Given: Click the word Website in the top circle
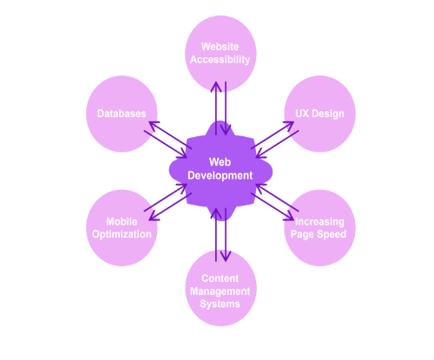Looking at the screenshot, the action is [220, 47].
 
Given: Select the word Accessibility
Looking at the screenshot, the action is [220, 60].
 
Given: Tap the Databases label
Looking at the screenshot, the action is [122, 114].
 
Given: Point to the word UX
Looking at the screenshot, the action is [302, 114].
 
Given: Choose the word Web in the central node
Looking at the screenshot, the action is [220, 162].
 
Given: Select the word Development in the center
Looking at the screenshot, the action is [220, 175].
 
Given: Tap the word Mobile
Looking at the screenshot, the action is [122, 222].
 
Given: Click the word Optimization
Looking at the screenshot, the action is [122, 234].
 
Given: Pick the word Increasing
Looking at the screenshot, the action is [319, 222].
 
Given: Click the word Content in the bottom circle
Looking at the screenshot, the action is [220, 278].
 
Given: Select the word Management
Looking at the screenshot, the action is [220, 291].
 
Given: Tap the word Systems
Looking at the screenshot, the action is [220, 304].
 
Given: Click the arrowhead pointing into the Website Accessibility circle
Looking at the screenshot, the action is [216, 86].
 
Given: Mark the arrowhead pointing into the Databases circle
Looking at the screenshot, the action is [154, 125].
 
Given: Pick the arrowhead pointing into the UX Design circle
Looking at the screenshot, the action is [289, 125].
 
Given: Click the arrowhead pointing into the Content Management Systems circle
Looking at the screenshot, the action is [226, 257].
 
